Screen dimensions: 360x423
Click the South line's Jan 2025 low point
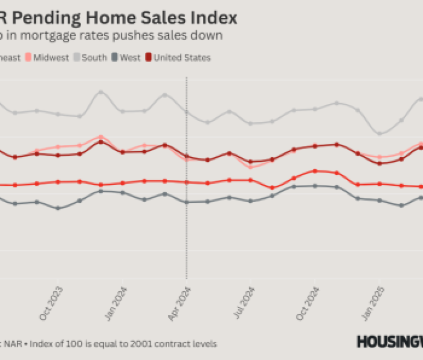pos(379,133)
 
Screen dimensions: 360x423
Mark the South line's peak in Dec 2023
pos(101,92)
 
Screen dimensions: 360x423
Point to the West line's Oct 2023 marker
pos(58,208)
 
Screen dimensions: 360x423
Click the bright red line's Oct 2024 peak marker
pos(315,171)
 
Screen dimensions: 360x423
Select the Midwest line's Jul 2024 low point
pos(250,167)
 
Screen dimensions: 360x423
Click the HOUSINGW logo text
pos(389,341)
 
